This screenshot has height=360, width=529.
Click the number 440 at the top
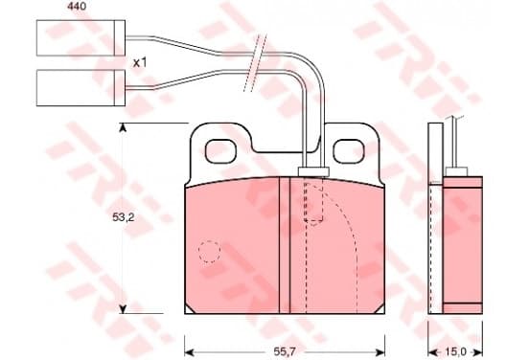coord(77,6)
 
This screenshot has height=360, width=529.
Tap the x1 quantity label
coord(140,62)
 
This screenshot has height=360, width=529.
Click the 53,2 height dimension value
coord(124,217)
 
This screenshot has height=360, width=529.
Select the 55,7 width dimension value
coord(285,352)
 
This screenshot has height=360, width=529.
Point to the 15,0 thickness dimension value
coord(455,352)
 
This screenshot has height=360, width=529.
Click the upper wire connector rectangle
coord(80,37)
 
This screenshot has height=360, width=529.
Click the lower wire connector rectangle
coord(80,88)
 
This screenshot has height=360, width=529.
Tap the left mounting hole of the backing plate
coord(220,151)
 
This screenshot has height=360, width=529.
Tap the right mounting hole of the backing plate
coord(349,151)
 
